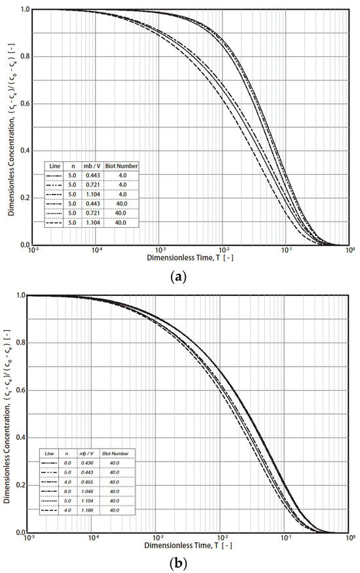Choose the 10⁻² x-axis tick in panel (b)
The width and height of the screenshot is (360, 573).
tap(222, 538)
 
